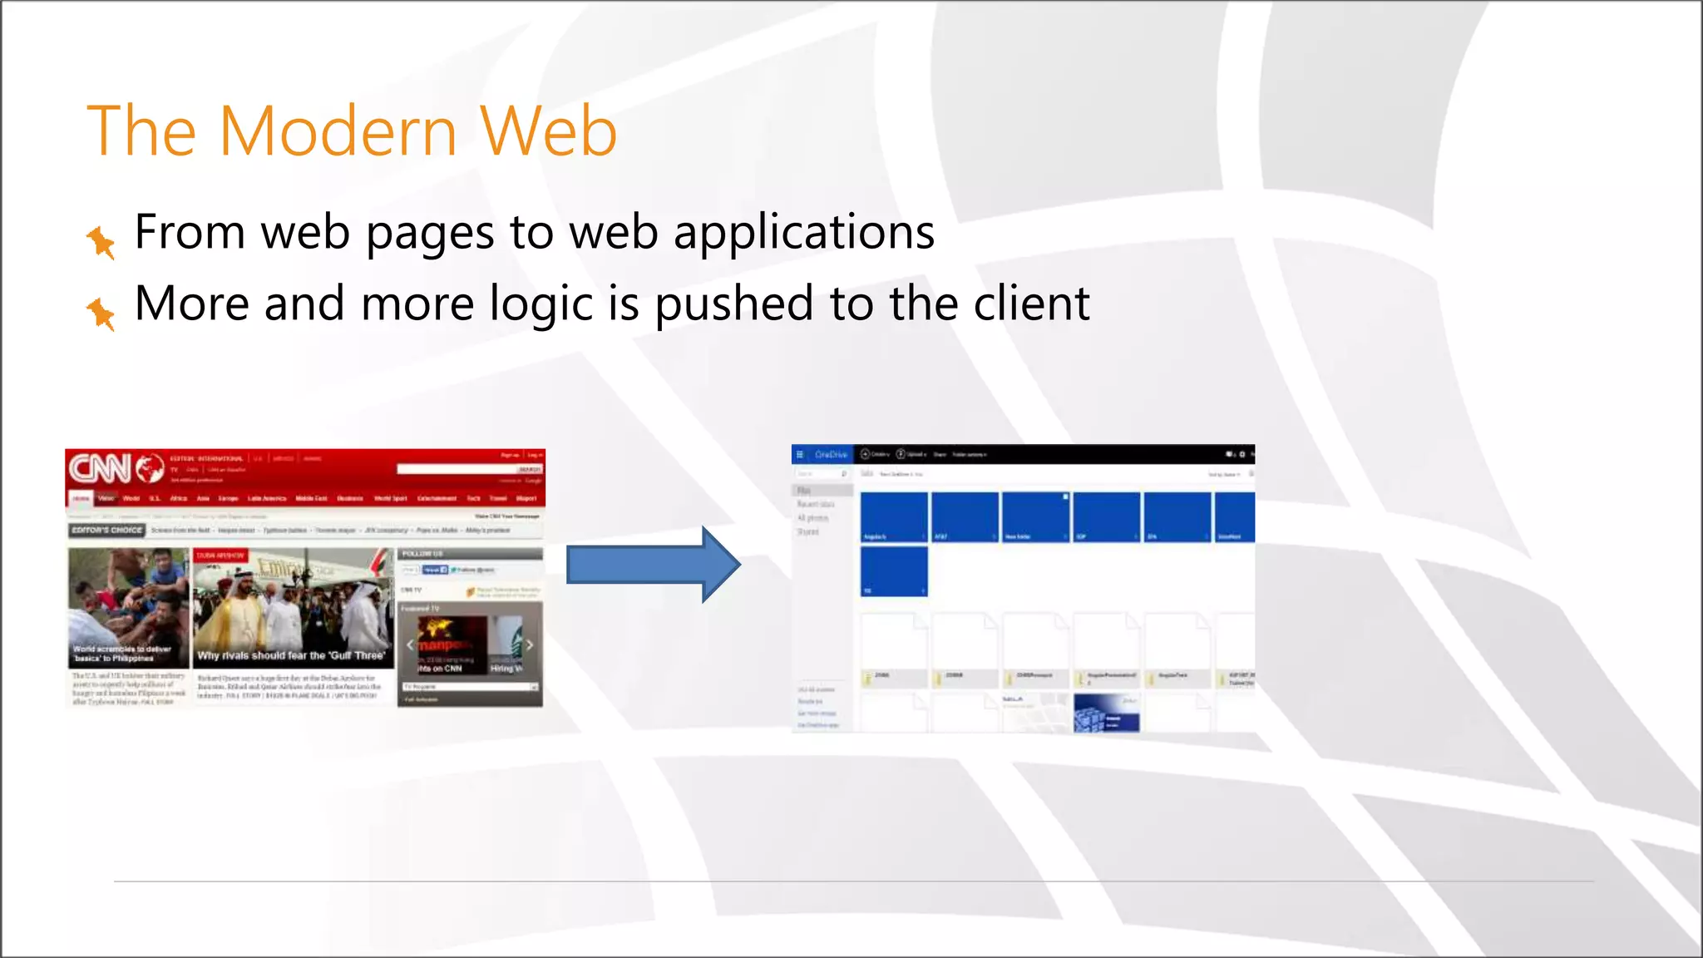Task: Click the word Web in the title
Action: point(548,131)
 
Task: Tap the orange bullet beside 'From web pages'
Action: point(101,241)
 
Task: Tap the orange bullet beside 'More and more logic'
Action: point(101,313)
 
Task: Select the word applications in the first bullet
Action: point(803,233)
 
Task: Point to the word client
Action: point(1031,304)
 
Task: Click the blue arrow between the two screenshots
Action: point(653,565)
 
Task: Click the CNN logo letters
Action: point(100,468)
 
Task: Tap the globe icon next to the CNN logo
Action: point(150,469)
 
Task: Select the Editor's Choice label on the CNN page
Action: point(106,530)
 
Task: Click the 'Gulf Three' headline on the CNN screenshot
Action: point(291,655)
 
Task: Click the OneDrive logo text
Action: point(831,455)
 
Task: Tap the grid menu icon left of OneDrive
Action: point(800,455)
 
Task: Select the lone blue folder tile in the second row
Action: point(894,571)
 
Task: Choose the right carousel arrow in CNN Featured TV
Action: point(529,644)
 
